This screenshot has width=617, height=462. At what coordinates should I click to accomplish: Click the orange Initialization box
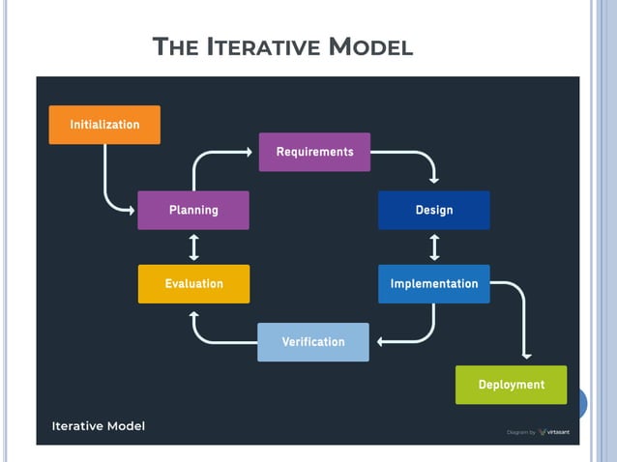pos(104,125)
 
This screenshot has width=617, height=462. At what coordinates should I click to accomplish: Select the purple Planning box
pos(193,210)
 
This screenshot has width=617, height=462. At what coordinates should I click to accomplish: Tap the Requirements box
pos(314,152)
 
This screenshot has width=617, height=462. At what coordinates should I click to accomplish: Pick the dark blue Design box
pos(433,210)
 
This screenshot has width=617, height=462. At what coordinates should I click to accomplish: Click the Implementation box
pos(433,284)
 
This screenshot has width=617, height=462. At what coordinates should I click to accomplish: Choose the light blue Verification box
pos(312,342)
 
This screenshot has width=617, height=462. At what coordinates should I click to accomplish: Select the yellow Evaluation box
pos(193,284)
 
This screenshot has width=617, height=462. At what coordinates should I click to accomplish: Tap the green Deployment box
pos(511,385)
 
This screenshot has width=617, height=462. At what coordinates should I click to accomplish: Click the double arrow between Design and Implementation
pos(434,246)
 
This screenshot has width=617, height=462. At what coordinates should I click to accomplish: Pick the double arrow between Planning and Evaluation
pos(193,246)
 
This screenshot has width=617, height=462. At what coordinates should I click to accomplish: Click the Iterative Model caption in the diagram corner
pos(98,425)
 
